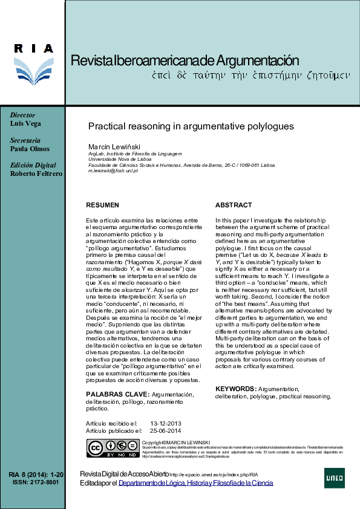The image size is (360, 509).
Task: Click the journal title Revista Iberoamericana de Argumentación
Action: pyautogui.click(x=186, y=60)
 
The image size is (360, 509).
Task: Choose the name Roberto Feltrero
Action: pyautogui.click(x=36, y=173)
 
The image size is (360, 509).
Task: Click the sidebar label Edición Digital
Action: pyautogui.click(x=33, y=165)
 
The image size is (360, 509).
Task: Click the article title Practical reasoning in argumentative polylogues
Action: pyautogui.click(x=191, y=127)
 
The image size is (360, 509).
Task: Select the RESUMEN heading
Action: pyautogui.click(x=103, y=206)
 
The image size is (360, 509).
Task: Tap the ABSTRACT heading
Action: pyautogui.click(x=234, y=206)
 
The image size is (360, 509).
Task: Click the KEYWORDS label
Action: pyautogui.click(x=236, y=388)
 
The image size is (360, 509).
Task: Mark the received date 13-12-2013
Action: pyautogui.click(x=165, y=423)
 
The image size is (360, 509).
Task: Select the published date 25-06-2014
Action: pyautogui.click(x=165, y=430)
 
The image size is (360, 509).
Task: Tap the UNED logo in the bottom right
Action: pyautogui.click(x=335, y=478)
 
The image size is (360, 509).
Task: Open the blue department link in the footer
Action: pyautogui.click(x=195, y=482)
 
